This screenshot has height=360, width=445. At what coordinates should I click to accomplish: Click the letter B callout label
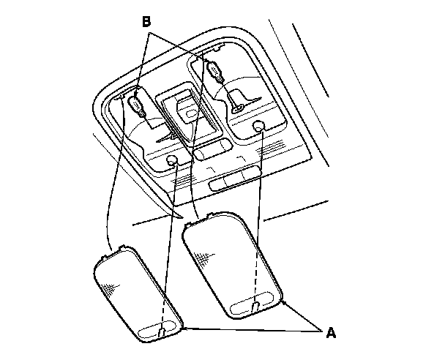click(146, 22)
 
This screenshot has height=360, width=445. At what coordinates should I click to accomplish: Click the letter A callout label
click(330, 333)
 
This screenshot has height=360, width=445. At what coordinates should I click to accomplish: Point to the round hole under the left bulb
click(172, 162)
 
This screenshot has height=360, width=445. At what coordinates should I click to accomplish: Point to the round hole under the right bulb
click(259, 127)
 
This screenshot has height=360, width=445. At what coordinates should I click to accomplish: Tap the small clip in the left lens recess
click(160, 333)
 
